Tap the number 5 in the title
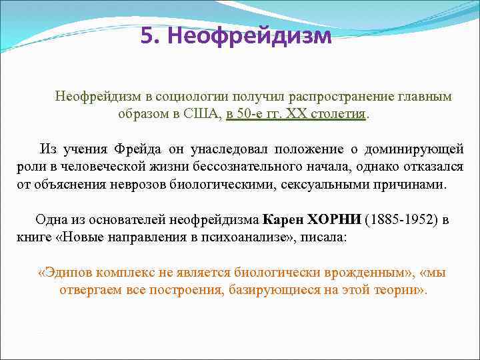(x=147, y=35)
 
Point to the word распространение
(x=311, y=97)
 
